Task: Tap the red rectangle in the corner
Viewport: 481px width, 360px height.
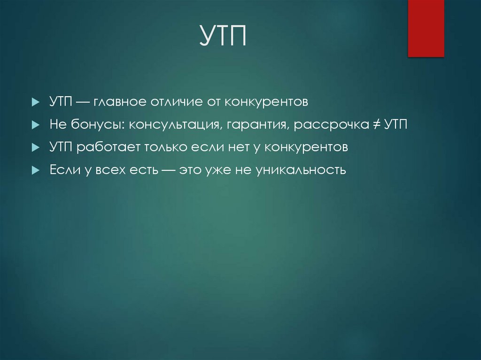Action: [426, 28]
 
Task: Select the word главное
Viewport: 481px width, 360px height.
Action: [121, 102]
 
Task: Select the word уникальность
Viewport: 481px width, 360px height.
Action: [301, 170]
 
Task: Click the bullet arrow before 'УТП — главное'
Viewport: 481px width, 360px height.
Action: [35, 102]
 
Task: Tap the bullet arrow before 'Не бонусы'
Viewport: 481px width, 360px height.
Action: [35, 125]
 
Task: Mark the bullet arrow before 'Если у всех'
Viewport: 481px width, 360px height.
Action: [35, 170]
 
